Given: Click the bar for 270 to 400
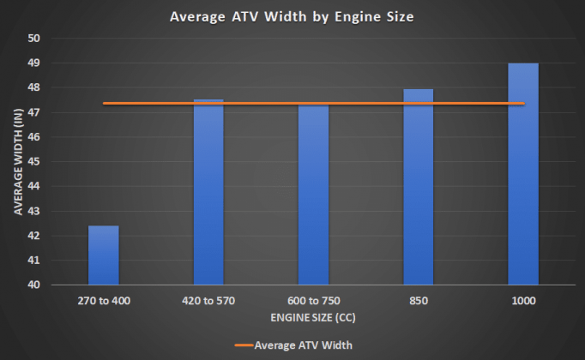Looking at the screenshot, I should tap(104, 255).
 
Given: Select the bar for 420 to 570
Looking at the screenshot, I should tap(208, 193).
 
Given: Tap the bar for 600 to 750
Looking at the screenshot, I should tap(313, 195).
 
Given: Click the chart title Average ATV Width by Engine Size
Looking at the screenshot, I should tap(292, 16).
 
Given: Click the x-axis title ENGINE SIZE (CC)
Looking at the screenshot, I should tap(313, 317).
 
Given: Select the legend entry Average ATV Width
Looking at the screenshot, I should tap(294, 345).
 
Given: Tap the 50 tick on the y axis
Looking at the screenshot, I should tap(34, 39).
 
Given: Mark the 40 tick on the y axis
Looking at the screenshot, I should tap(34, 285).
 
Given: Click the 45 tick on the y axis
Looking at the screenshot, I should tap(34, 161).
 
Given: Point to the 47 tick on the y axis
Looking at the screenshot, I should tap(34, 112).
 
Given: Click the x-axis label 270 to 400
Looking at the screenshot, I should tap(104, 301).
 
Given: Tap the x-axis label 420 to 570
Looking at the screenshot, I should tap(208, 301).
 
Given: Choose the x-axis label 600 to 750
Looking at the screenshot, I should tap(313, 301).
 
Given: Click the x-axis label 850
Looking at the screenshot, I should tap(419, 301).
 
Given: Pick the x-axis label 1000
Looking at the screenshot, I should tap(523, 301).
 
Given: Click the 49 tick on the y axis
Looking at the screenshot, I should tap(34, 63).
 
